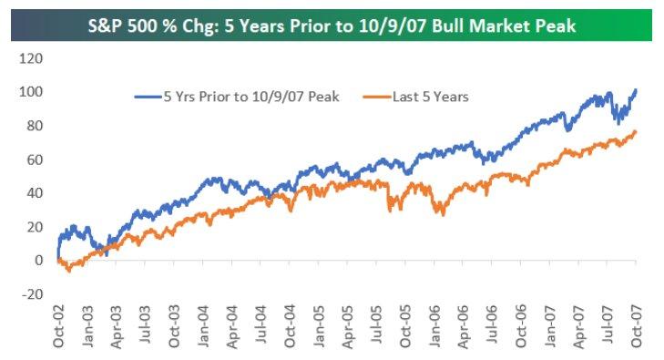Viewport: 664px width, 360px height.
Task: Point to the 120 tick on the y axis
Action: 32,58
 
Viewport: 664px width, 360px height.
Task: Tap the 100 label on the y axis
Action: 32,92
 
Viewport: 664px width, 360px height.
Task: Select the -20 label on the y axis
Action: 32,293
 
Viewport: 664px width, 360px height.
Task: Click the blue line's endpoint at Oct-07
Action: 636,90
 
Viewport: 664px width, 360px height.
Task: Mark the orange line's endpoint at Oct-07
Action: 636,132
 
